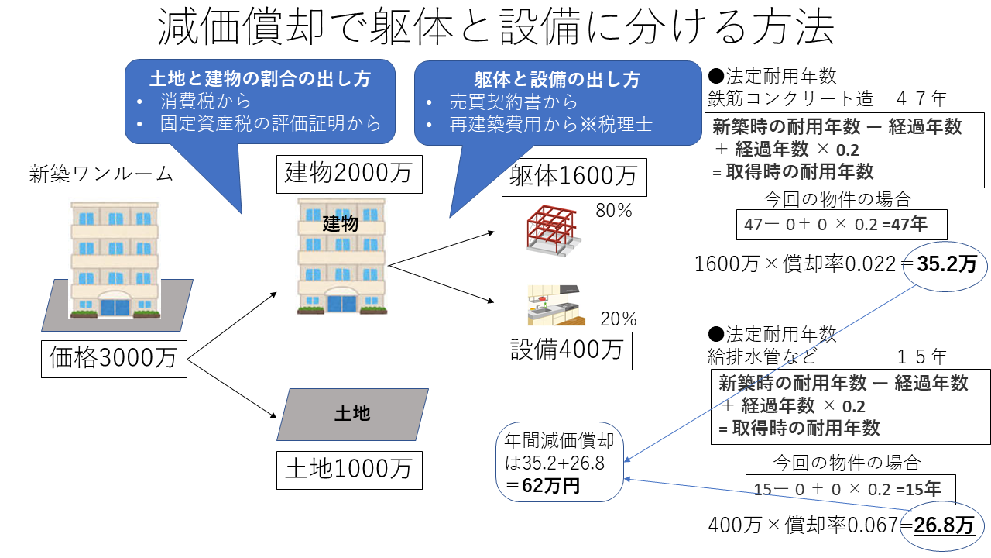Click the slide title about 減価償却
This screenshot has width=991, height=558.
(x=495, y=29)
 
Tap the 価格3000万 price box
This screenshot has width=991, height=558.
(x=113, y=357)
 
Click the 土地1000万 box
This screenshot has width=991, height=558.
(x=349, y=470)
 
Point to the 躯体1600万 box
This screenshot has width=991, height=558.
(x=573, y=177)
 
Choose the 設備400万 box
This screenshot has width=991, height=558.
(x=567, y=350)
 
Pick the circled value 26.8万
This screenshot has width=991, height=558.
(x=944, y=525)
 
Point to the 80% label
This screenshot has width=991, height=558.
(x=615, y=210)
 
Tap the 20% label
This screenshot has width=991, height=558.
(x=619, y=319)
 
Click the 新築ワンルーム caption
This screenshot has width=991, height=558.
(x=101, y=173)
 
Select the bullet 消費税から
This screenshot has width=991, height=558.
(x=206, y=102)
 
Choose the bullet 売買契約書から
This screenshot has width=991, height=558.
(x=513, y=102)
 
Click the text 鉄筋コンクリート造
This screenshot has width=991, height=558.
(x=790, y=99)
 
